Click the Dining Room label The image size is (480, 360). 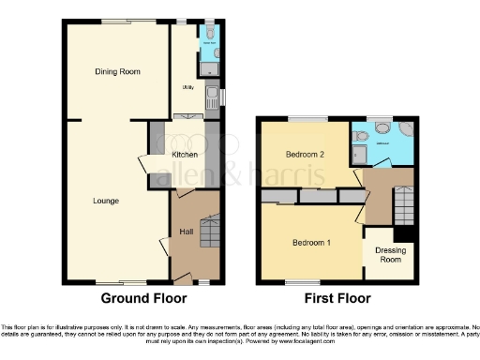tap(117, 71)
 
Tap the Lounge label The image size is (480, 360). tap(105, 200)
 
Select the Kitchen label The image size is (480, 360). tap(184, 153)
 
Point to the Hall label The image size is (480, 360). tap(187, 231)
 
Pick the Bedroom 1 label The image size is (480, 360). tap(310, 242)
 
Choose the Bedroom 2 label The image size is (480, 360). tap(305, 154)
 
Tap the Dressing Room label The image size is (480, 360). tap(390, 255)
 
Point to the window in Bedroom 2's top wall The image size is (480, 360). tap(303, 120)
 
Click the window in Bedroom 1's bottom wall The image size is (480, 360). tap(300, 280)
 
